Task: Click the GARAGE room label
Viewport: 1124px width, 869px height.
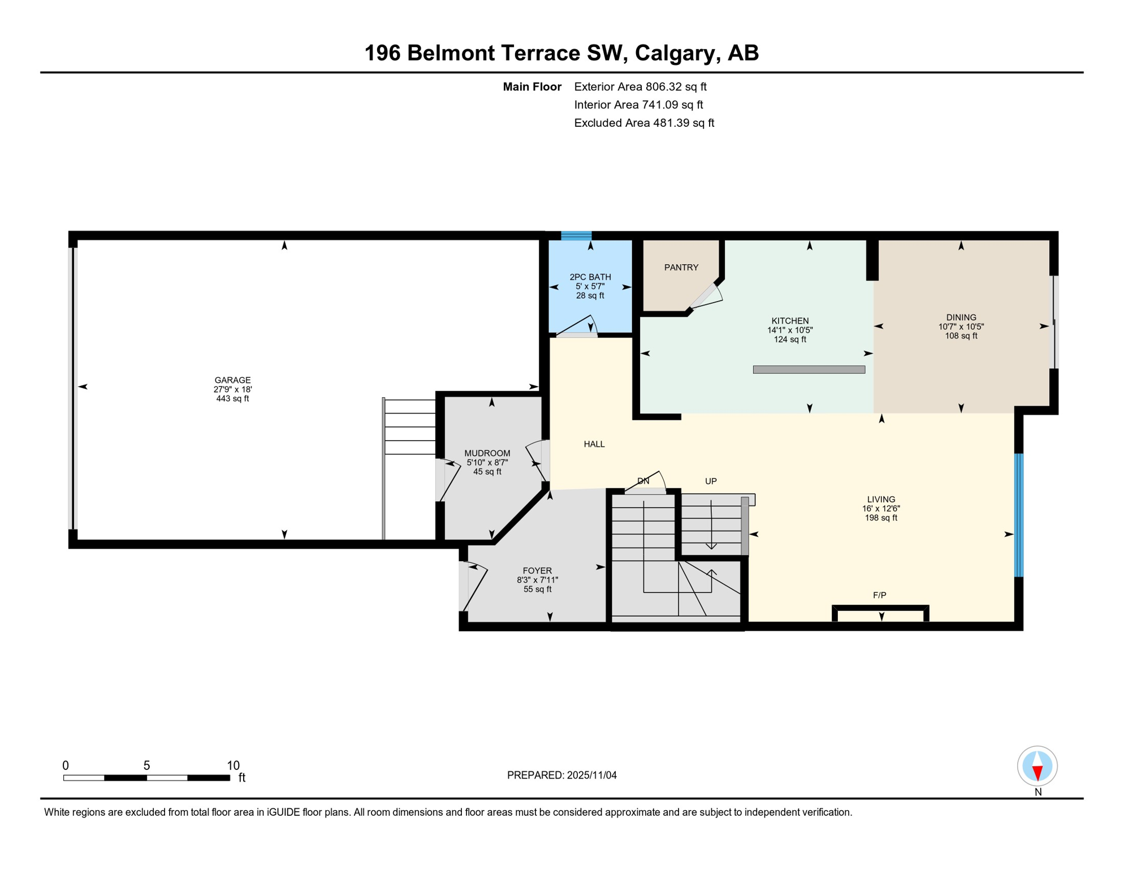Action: tap(232, 380)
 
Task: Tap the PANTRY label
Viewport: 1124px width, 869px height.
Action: tap(681, 268)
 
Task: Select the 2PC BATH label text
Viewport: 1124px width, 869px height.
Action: tap(590, 277)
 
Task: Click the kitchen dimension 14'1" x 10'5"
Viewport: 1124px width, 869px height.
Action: tap(790, 330)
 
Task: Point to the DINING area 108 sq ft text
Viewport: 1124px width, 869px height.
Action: tap(961, 336)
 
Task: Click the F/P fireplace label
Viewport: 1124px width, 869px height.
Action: tap(879, 595)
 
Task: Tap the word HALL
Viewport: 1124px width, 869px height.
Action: tap(594, 445)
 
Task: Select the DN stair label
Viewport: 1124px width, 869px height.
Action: tap(643, 481)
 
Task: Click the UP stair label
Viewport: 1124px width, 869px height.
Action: tap(711, 481)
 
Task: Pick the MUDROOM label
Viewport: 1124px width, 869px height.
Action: tap(487, 454)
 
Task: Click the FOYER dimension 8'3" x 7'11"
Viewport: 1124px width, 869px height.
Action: tap(537, 580)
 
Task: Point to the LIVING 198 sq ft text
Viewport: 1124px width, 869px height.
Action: tap(881, 518)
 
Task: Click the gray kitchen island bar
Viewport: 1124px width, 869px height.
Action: tap(809, 370)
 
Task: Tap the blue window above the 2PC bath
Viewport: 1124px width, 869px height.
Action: tap(576, 236)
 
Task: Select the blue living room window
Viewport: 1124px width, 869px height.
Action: tap(1019, 515)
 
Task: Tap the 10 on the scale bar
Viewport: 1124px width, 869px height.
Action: tap(233, 766)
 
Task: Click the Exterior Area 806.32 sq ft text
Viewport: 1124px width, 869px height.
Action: tap(640, 87)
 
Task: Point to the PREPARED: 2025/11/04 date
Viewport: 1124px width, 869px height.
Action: tap(561, 776)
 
